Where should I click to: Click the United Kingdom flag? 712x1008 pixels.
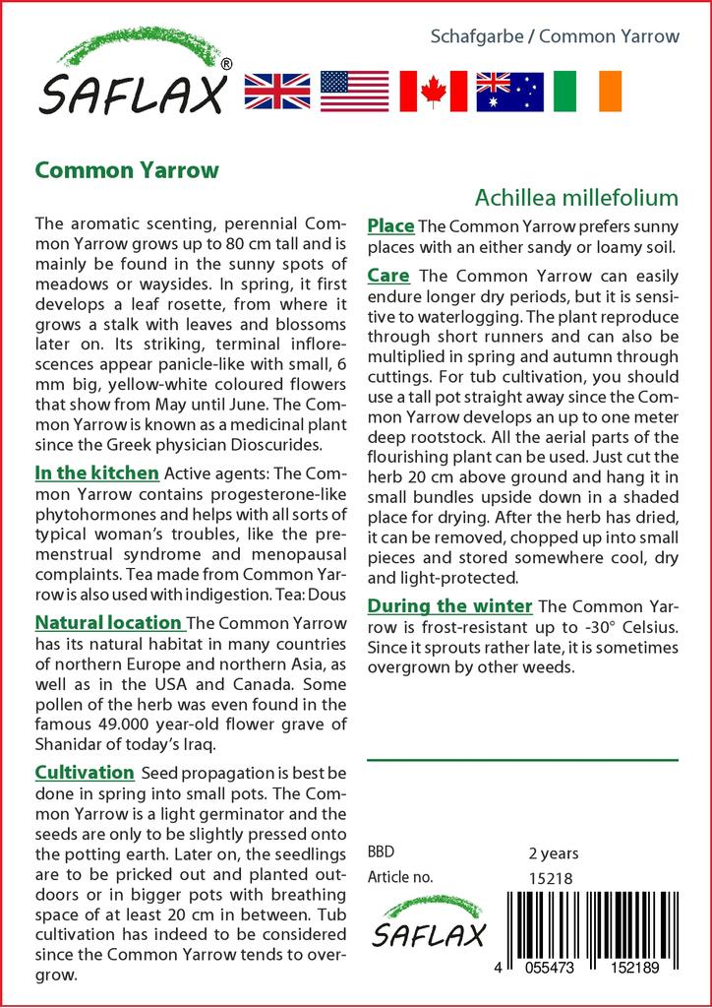point(277,91)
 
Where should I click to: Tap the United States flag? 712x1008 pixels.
point(355,91)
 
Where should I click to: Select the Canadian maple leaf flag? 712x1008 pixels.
point(433,91)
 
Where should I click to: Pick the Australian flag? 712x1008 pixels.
point(509,91)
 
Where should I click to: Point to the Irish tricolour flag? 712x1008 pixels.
point(587,91)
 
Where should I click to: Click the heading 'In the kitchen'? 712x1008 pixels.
point(96,472)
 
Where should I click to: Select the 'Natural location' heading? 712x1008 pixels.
point(109,622)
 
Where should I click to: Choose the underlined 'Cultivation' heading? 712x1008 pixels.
point(85,772)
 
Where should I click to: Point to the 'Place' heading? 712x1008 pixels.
point(390,226)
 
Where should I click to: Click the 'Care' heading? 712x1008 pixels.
point(388,276)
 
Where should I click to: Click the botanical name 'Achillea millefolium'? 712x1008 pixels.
point(576,197)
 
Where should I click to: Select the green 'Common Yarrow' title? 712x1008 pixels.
point(127,169)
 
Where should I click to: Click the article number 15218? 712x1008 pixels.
point(551,877)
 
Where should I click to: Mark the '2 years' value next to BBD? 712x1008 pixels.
point(554,852)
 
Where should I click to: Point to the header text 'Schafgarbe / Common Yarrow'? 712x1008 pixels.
point(556,36)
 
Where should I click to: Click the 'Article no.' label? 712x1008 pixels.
point(400,877)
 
